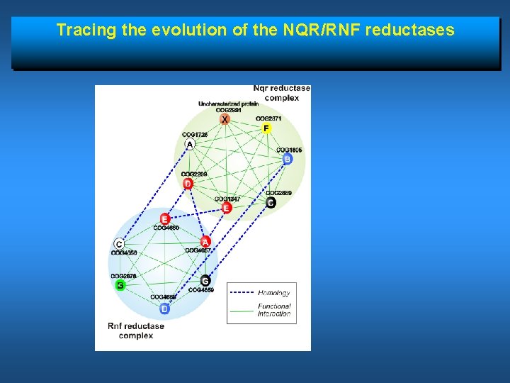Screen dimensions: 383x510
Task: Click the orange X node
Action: click(225, 119)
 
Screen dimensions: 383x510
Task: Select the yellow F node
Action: click(266, 128)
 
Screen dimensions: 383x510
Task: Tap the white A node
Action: click(189, 145)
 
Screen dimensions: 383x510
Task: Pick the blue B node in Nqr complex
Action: click(287, 160)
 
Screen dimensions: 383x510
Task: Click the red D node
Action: click(188, 184)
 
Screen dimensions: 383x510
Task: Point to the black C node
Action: click(271, 203)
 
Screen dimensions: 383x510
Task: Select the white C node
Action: click(119, 244)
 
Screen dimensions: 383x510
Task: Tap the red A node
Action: click(205, 241)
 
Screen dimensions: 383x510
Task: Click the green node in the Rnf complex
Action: click(120, 285)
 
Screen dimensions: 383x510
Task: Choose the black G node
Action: click(205, 280)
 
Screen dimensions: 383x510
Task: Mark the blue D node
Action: click(164, 309)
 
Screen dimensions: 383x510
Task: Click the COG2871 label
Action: click(268, 118)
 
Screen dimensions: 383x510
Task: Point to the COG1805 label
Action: click(289, 150)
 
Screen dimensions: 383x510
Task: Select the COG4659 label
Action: click(201, 290)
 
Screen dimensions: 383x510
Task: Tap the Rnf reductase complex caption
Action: click(136, 331)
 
